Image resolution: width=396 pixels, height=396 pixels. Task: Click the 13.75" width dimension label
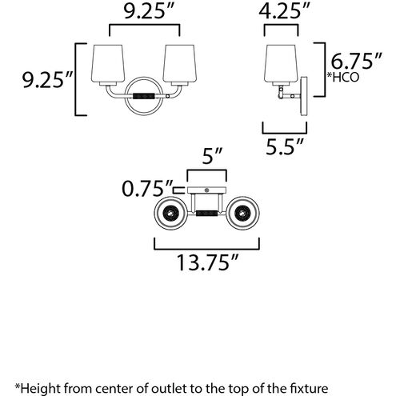(207, 263)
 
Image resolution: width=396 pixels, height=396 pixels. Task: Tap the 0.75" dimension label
(147, 189)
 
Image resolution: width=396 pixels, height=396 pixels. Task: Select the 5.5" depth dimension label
(285, 146)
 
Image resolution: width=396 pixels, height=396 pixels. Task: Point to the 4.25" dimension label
(285, 11)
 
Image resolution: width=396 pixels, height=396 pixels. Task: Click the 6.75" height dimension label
(357, 61)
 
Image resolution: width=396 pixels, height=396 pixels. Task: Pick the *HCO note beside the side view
(343, 78)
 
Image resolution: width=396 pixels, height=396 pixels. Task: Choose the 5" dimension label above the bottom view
(212, 156)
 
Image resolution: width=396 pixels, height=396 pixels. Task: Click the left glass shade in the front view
(108, 63)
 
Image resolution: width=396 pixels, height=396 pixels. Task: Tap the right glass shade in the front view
(180, 63)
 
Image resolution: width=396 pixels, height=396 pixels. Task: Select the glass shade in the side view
(281, 63)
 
